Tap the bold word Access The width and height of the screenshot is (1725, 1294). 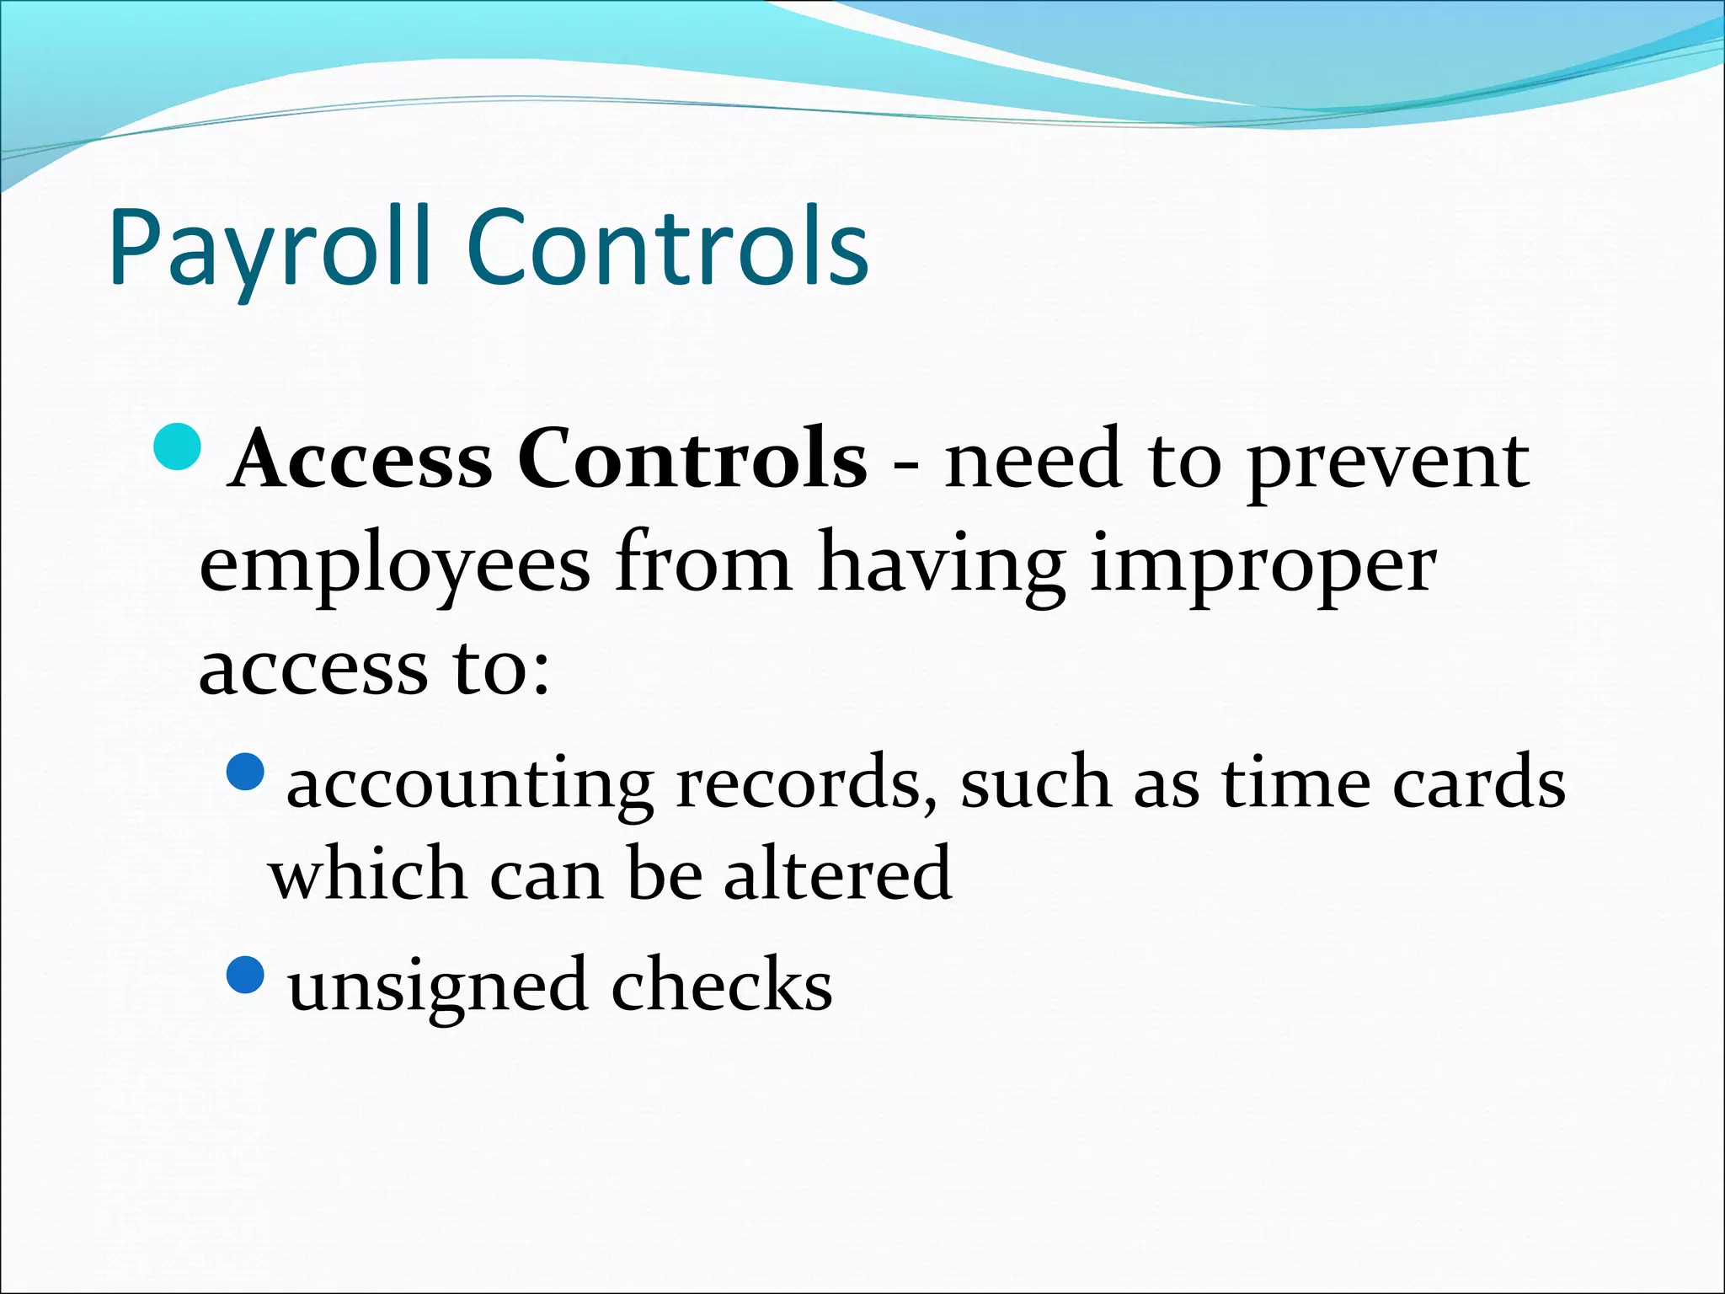[361, 460]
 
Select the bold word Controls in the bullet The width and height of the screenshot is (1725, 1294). [692, 458]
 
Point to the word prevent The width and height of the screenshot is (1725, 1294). [1387, 463]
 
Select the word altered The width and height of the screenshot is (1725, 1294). [837, 874]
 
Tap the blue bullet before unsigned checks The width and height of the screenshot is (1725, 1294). [246, 975]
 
